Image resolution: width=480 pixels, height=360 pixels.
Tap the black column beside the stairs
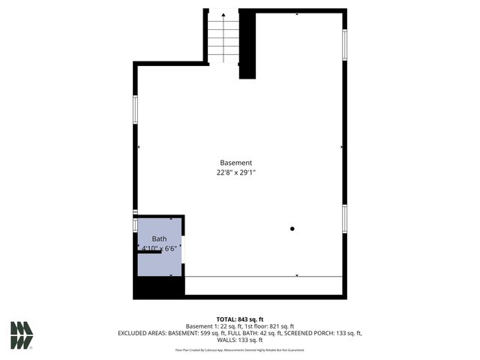248,45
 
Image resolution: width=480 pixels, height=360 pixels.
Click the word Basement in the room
236,163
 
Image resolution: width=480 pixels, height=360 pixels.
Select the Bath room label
159,238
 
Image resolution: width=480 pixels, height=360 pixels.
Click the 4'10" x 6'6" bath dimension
159,247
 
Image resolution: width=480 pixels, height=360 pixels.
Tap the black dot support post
292,229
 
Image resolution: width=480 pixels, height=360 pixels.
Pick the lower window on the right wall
344,218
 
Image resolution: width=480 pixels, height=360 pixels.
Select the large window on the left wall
136,109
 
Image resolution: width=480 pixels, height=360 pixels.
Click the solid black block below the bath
158,288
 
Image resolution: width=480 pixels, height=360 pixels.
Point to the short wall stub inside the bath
149,253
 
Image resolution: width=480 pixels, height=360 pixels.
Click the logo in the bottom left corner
22,334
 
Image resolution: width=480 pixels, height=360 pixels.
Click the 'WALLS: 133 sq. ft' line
240,340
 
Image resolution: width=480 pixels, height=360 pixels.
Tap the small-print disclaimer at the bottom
240,350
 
